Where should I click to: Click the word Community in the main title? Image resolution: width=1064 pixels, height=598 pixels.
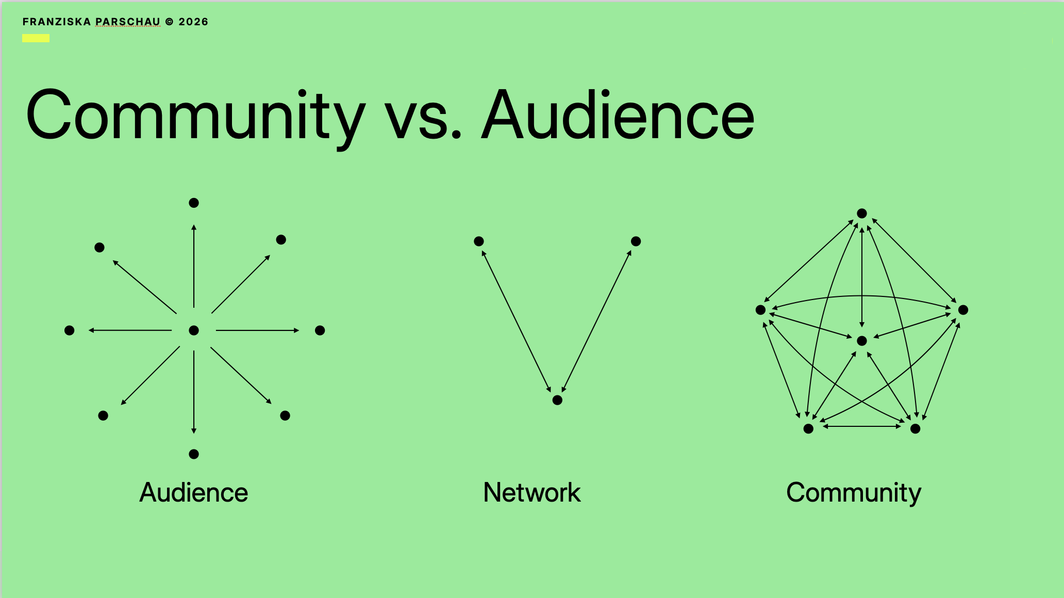195,115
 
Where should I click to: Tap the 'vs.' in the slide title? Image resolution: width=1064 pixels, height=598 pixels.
423,120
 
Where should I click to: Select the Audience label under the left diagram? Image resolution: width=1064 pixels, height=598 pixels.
194,492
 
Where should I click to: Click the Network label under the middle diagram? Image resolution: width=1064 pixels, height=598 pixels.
532,492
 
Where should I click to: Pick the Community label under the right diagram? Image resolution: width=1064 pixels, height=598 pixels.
854,492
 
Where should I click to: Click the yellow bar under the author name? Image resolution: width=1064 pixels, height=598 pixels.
36,38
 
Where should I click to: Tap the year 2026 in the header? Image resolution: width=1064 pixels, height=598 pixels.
193,22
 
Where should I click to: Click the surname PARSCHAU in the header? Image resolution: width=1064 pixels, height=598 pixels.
128,22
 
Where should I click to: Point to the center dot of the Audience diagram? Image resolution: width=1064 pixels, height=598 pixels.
194,330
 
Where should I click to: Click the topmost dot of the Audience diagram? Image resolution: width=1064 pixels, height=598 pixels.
194,203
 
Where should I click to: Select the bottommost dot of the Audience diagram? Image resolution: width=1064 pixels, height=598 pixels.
194,454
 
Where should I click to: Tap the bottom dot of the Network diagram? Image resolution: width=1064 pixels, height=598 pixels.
557,400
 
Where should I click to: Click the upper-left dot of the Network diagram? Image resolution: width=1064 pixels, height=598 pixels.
479,241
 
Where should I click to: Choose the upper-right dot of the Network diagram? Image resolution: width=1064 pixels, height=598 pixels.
636,241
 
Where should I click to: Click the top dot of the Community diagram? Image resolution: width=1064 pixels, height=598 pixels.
862,213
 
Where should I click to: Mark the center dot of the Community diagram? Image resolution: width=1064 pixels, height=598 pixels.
862,341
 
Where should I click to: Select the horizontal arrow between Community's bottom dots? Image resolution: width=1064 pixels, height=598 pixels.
862,426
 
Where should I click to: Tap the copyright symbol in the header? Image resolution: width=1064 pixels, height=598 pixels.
170,22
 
